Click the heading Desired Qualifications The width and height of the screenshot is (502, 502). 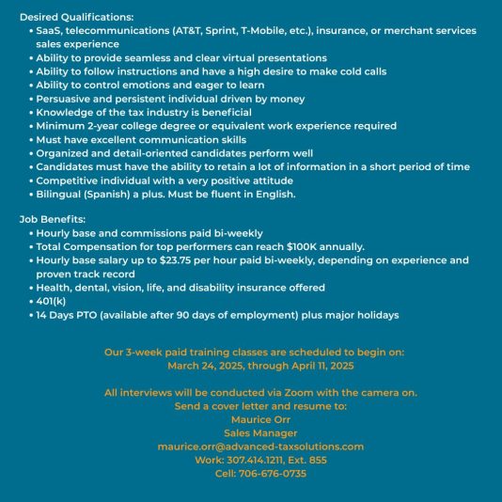pos(76,17)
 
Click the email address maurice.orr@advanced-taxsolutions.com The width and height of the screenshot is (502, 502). pos(260,447)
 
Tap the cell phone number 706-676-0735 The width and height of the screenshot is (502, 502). pos(266,474)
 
